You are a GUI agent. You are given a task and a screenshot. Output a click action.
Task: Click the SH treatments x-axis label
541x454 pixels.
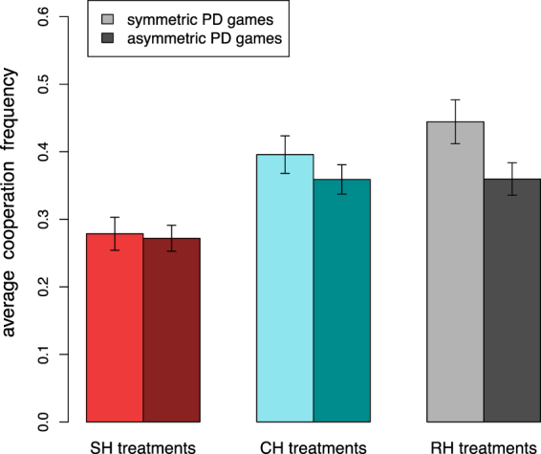click(x=143, y=445)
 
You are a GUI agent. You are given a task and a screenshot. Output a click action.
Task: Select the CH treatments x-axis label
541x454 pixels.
click(x=314, y=445)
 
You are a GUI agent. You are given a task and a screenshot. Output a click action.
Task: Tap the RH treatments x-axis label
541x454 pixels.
click(x=483, y=445)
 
